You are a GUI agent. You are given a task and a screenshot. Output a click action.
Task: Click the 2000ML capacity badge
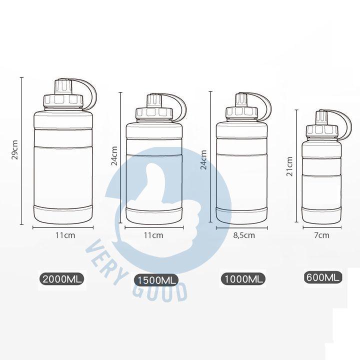62,279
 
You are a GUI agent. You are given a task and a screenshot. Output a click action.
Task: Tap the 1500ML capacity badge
156,280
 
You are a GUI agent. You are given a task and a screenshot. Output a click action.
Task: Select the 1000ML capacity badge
243,279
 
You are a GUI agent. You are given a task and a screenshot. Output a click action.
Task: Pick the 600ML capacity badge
323,277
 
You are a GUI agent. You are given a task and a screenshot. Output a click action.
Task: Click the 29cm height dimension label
14,149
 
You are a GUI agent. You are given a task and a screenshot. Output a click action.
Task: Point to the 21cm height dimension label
289,166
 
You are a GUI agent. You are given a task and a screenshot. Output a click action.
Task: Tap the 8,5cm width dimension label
244,235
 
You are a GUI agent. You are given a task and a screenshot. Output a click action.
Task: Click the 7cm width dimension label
321,235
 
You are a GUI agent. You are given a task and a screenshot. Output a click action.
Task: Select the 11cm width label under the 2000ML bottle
65,235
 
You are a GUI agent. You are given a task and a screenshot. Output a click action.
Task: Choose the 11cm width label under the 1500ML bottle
153,235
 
